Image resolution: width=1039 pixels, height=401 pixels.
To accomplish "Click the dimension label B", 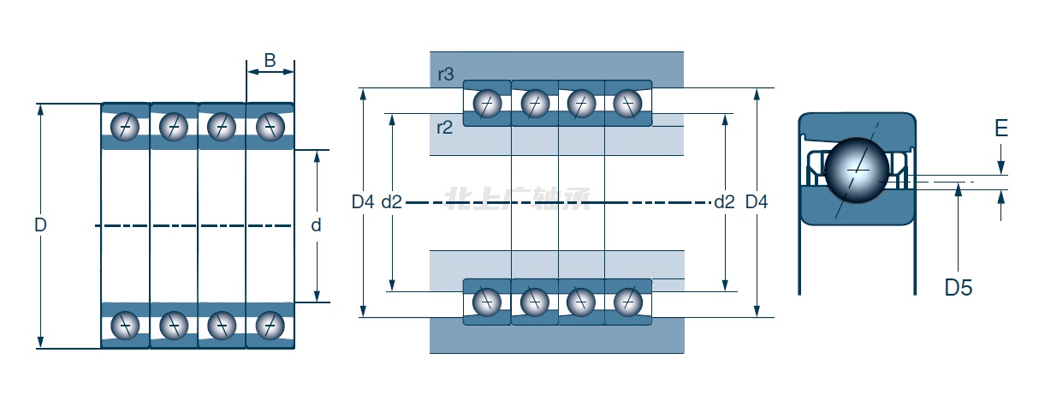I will point(270,60).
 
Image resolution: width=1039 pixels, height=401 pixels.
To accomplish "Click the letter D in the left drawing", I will point(40,225).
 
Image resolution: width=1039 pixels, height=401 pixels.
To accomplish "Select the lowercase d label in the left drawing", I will point(316,225).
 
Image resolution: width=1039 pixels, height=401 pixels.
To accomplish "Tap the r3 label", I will point(445,75).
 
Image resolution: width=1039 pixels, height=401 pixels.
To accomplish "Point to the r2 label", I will point(444,128).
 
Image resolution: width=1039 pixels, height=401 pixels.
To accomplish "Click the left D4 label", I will point(363,202).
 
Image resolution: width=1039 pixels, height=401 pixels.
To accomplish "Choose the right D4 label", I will point(757,202).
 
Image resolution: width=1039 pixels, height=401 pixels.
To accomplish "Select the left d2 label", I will point(391,202).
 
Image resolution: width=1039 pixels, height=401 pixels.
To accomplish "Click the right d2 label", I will point(724,202).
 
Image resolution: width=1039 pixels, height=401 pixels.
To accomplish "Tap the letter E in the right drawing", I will point(1001,129).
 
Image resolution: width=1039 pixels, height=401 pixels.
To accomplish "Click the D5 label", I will point(959,288).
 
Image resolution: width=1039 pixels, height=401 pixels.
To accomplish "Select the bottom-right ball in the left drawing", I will point(270,325).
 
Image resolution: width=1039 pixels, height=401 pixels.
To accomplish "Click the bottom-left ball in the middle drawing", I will point(487,301).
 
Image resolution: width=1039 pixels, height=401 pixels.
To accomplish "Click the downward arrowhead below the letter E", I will point(1001,171).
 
